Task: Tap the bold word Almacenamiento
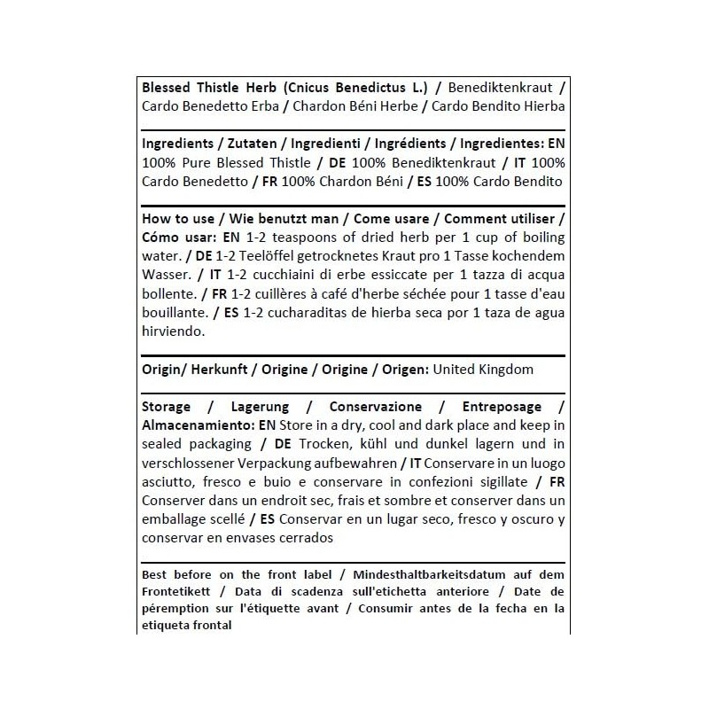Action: pyautogui.click(x=192, y=425)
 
